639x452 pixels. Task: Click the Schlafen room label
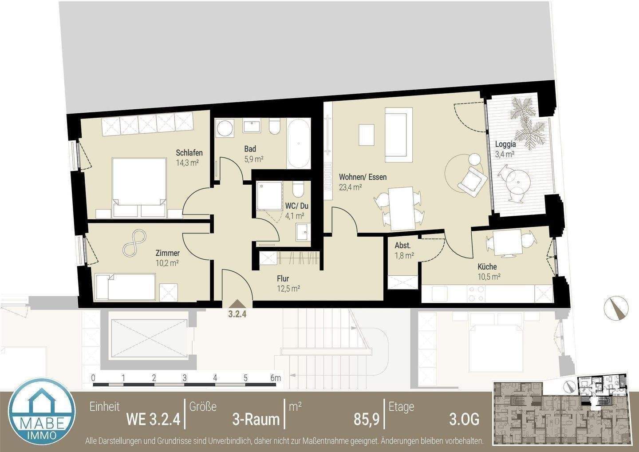click(x=189, y=153)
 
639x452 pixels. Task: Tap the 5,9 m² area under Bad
click(x=254, y=159)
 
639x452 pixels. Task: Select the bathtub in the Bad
click(x=298, y=143)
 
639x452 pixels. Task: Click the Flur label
click(x=283, y=278)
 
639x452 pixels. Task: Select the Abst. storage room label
click(x=402, y=246)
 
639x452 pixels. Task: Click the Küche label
click(x=487, y=267)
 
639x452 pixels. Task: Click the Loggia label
click(x=505, y=144)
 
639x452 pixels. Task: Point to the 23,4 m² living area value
click(x=350, y=187)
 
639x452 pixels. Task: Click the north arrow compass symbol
click(x=616, y=307)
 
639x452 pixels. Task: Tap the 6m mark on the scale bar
click(x=276, y=378)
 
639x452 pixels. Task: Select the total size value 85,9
click(x=366, y=419)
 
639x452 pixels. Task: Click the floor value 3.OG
click(x=464, y=419)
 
